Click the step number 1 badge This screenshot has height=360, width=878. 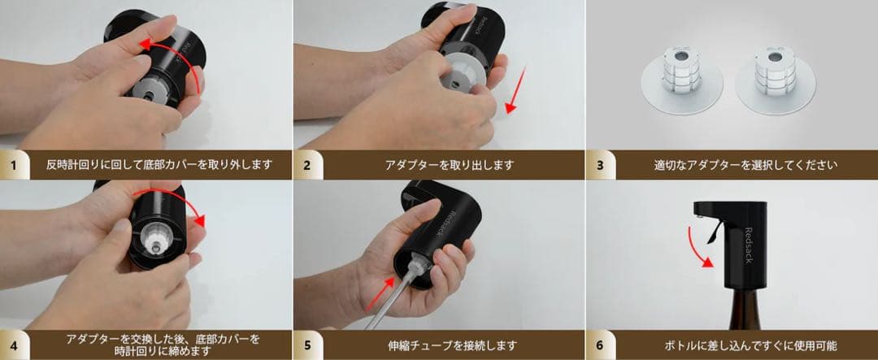click(14, 165)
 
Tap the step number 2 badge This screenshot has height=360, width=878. click(307, 165)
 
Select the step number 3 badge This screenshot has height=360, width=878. click(600, 165)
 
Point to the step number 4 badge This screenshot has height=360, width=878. click(14, 345)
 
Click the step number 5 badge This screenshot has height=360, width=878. click(307, 345)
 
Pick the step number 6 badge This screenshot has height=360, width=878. click(600, 345)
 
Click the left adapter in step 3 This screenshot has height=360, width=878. click(681, 80)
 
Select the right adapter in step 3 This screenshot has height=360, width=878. click(773, 80)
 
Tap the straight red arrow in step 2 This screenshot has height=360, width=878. click(514, 90)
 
